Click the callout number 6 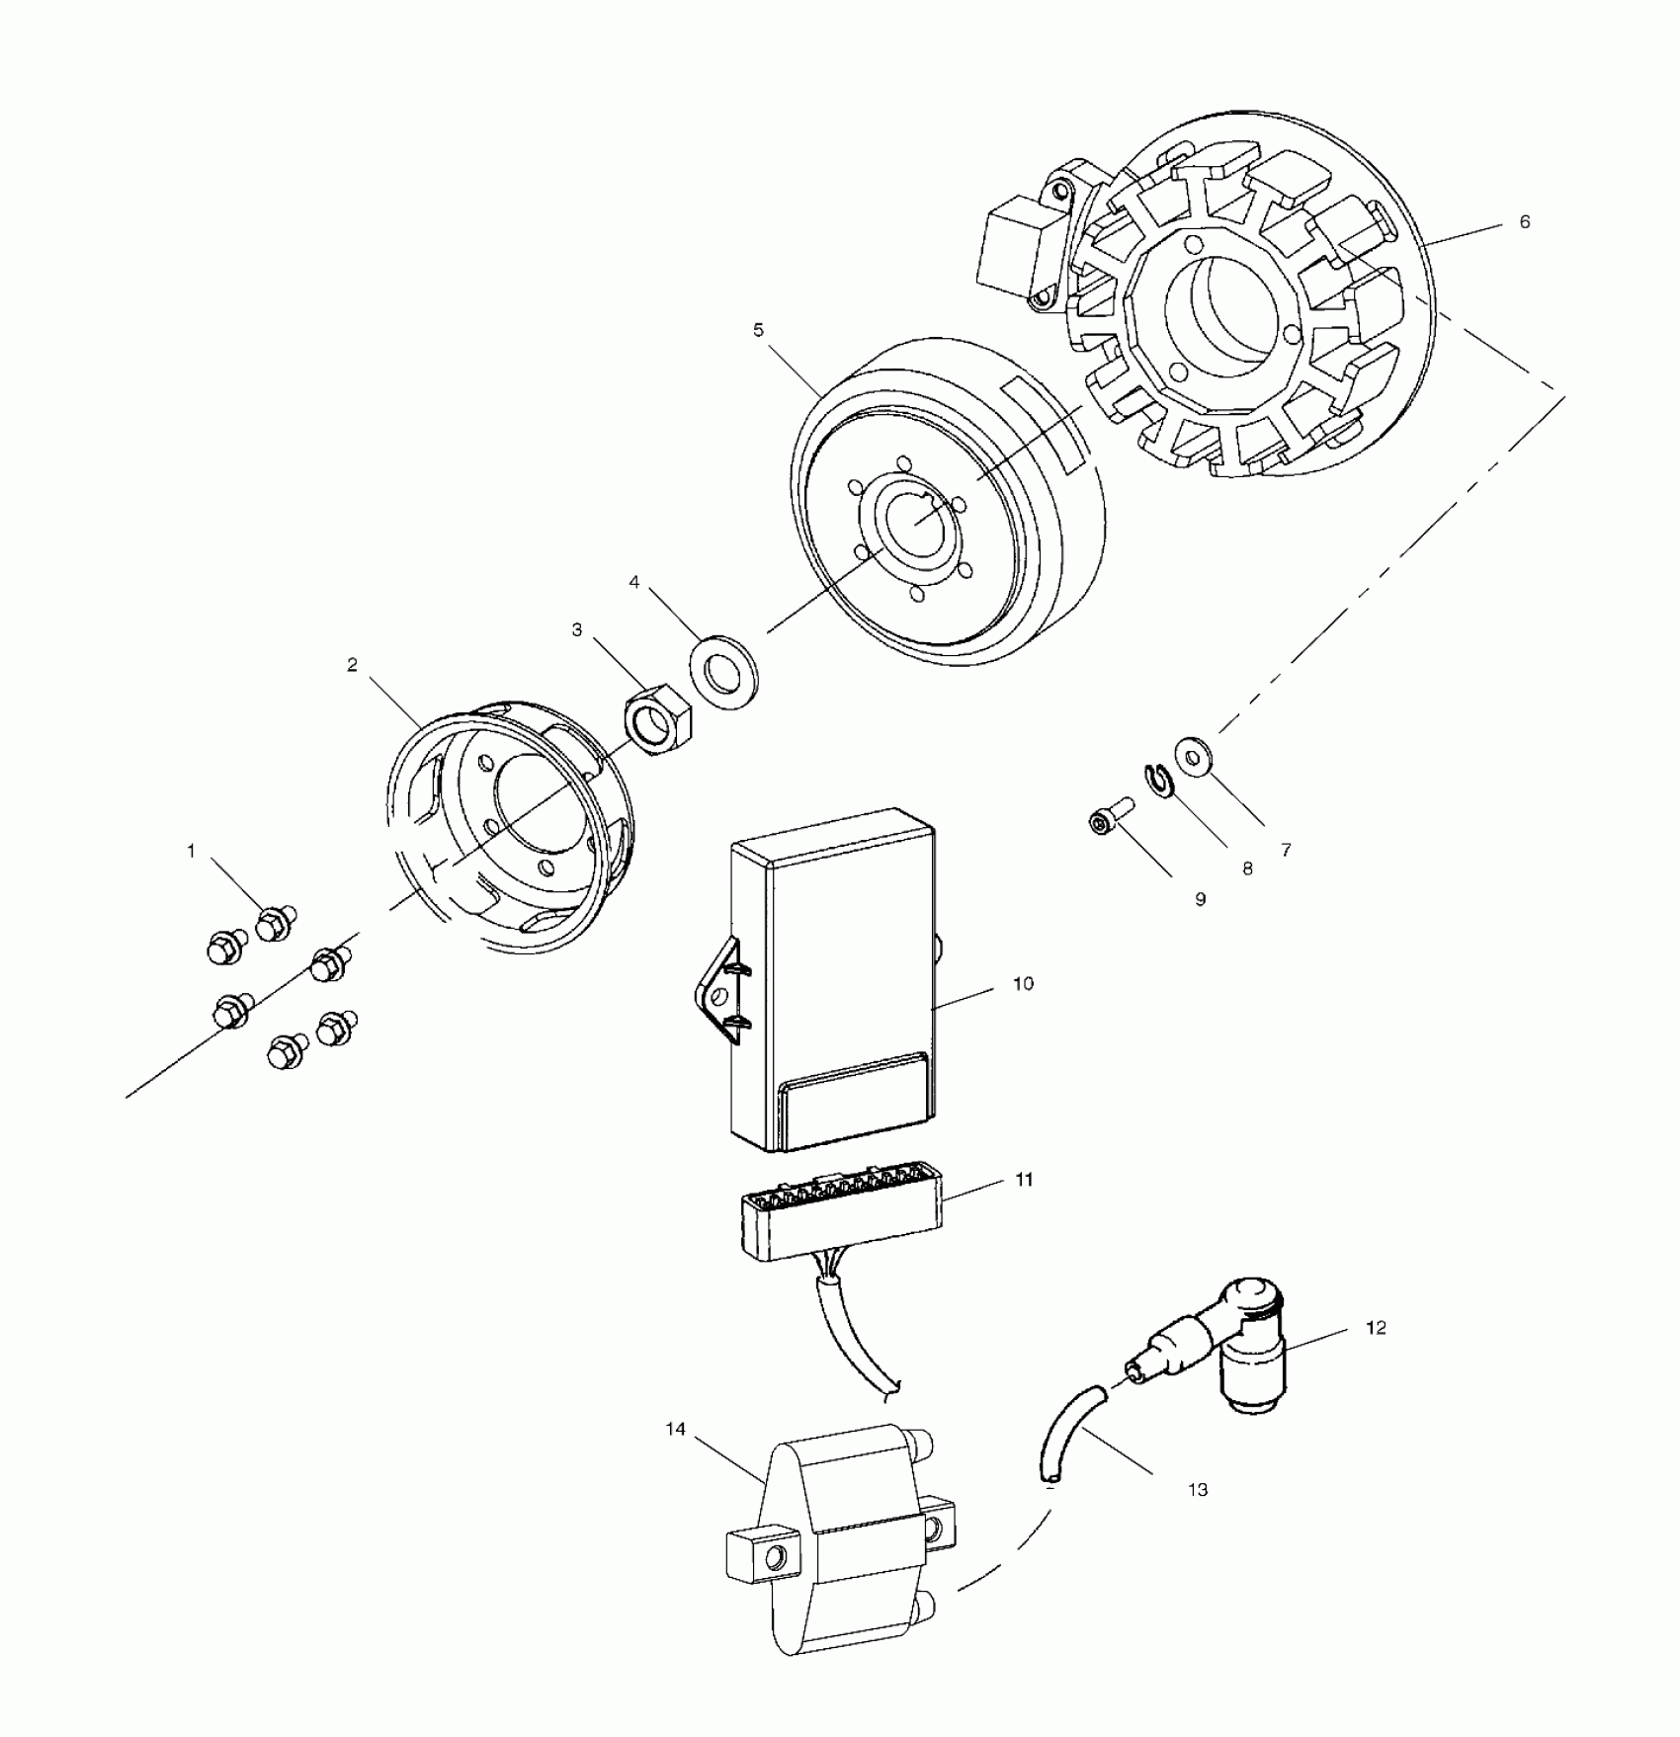(x=1524, y=222)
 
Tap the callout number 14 (x=675, y=1430)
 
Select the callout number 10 (x=1023, y=984)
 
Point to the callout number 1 (x=192, y=850)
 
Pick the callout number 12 (x=1376, y=1328)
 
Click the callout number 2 (x=352, y=665)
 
